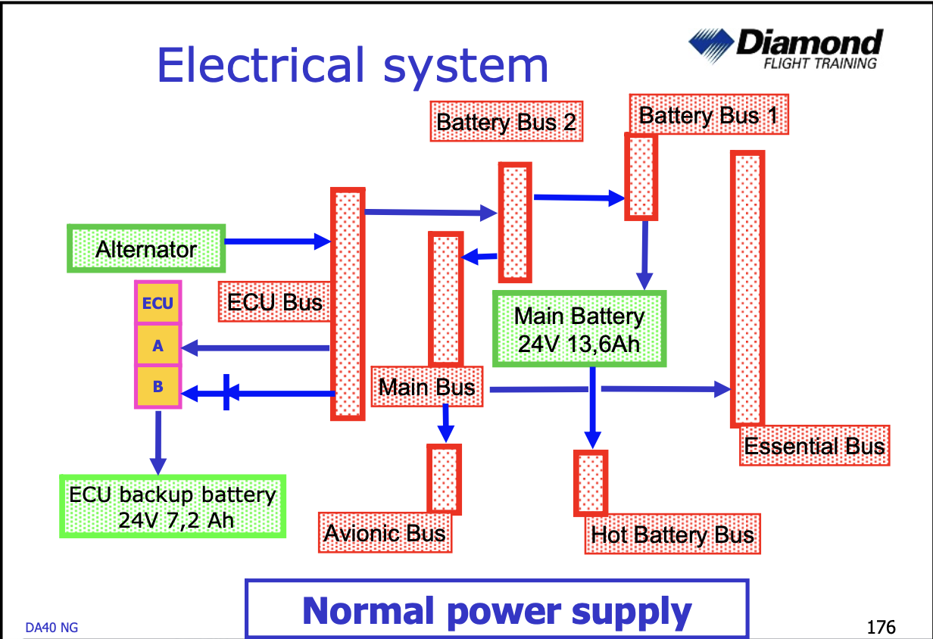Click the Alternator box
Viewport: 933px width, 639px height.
pyautogui.click(x=146, y=248)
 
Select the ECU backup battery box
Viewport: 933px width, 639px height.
pyautogui.click(x=173, y=507)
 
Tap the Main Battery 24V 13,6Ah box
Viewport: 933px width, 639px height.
pyautogui.click(x=579, y=329)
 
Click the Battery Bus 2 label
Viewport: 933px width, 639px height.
pyautogui.click(x=507, y=122)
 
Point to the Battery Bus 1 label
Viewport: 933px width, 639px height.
pyautogui.click(x=709, y=114)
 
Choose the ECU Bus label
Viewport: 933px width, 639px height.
pyautogui.click(x=275, y=302)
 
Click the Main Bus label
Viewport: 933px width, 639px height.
pyautogui.click(x=427, y=387)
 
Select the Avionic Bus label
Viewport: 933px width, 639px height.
pyautogui.click(x=385, y=533)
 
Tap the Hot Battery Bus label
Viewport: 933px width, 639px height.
pyautogui.click(x=672, y=534)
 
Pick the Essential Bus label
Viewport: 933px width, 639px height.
pyautogui.click(x=815, y=445)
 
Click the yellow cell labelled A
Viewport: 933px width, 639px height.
pyautogui.click(x=158, y=345)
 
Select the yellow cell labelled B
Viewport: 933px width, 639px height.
pyautogui.click(x=158, y=387)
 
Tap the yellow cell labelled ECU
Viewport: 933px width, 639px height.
pyautogui.click(x=158, y=303)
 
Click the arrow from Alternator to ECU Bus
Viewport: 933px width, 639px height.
pyautogui.click(x=278, y=242)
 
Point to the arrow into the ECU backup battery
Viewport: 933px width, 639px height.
pyautogui.click(x=158, y=443)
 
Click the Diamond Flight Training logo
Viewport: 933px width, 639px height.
pyautogui.click(x=785, y=48)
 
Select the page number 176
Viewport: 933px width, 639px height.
pyautogui.click(x=881, y=627)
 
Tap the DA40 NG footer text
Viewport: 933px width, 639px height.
pyautogui.click(x=51, y=628)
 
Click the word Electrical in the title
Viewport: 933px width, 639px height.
pyautogui.click(x=261, y=65)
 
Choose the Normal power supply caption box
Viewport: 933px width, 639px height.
pyautogui.click(x=497, y=609)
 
